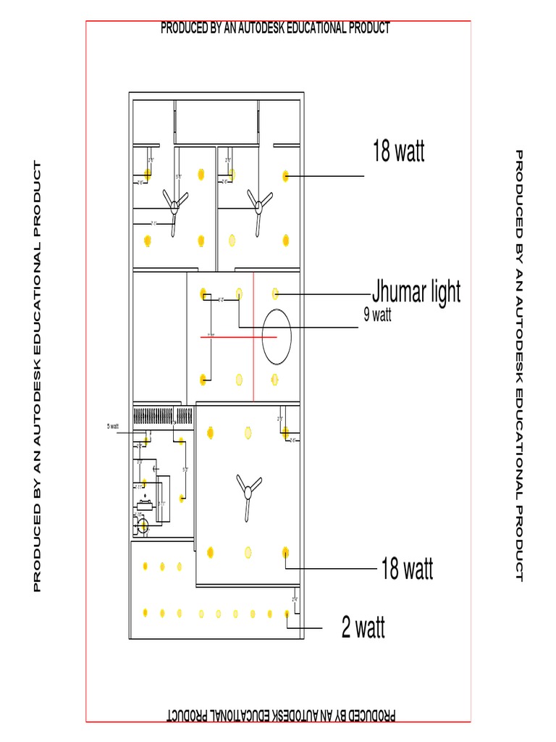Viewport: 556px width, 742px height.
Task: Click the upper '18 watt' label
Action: click(x=398, y=152)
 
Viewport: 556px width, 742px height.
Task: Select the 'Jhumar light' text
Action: click(x=416, y=293)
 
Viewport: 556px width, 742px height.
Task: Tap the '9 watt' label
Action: click(x=377, y=315)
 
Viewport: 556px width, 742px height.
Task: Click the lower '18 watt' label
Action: click(x=407, y=570)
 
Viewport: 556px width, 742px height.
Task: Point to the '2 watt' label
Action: click(x=363, y=628)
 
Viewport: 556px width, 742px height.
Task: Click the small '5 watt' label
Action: click(x=113, y=427)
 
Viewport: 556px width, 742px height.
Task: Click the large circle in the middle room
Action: click(x=277, y=336)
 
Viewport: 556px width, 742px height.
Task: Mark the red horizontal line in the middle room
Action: click(x=238, y=337)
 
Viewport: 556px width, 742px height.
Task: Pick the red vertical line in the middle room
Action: click(x=253, y=336)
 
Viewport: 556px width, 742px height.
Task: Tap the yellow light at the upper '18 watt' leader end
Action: click(x=286, y=175)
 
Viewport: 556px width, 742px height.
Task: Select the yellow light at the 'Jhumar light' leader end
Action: click(x=275, y=293)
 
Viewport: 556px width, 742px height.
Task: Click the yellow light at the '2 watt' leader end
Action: click(x=287, y=614)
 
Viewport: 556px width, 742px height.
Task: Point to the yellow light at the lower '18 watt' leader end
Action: click(x=285, y=553)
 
